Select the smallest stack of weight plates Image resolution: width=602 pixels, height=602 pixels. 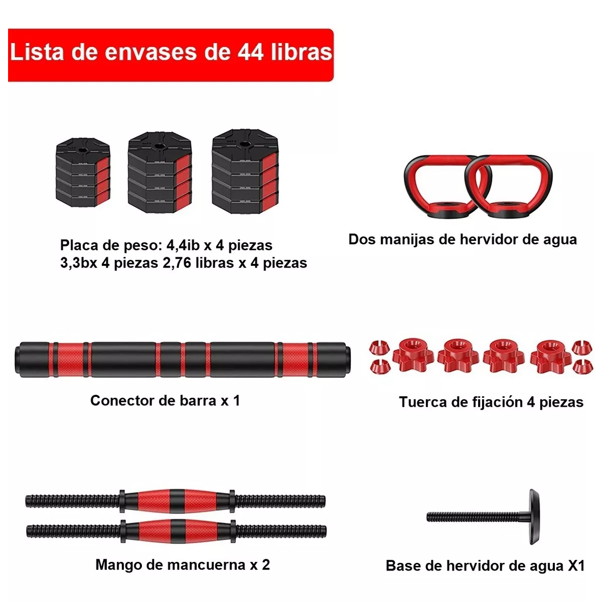coord(83,173)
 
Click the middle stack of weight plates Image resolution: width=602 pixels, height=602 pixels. coord(160,173)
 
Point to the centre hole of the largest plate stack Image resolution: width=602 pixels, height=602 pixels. coord(244,145)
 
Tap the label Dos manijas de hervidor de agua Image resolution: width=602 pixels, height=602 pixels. coord(462,239)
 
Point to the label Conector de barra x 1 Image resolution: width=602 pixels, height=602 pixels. coord(165,400)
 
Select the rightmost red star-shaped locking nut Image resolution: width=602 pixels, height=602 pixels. coord(550,353)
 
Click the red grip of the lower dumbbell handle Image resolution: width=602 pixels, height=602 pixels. coord(174,530)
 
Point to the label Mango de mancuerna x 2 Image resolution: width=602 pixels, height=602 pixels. coord(183,565)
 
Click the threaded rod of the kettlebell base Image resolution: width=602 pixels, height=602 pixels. coord(472,517)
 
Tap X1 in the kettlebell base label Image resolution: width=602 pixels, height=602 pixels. coord(576,566)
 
